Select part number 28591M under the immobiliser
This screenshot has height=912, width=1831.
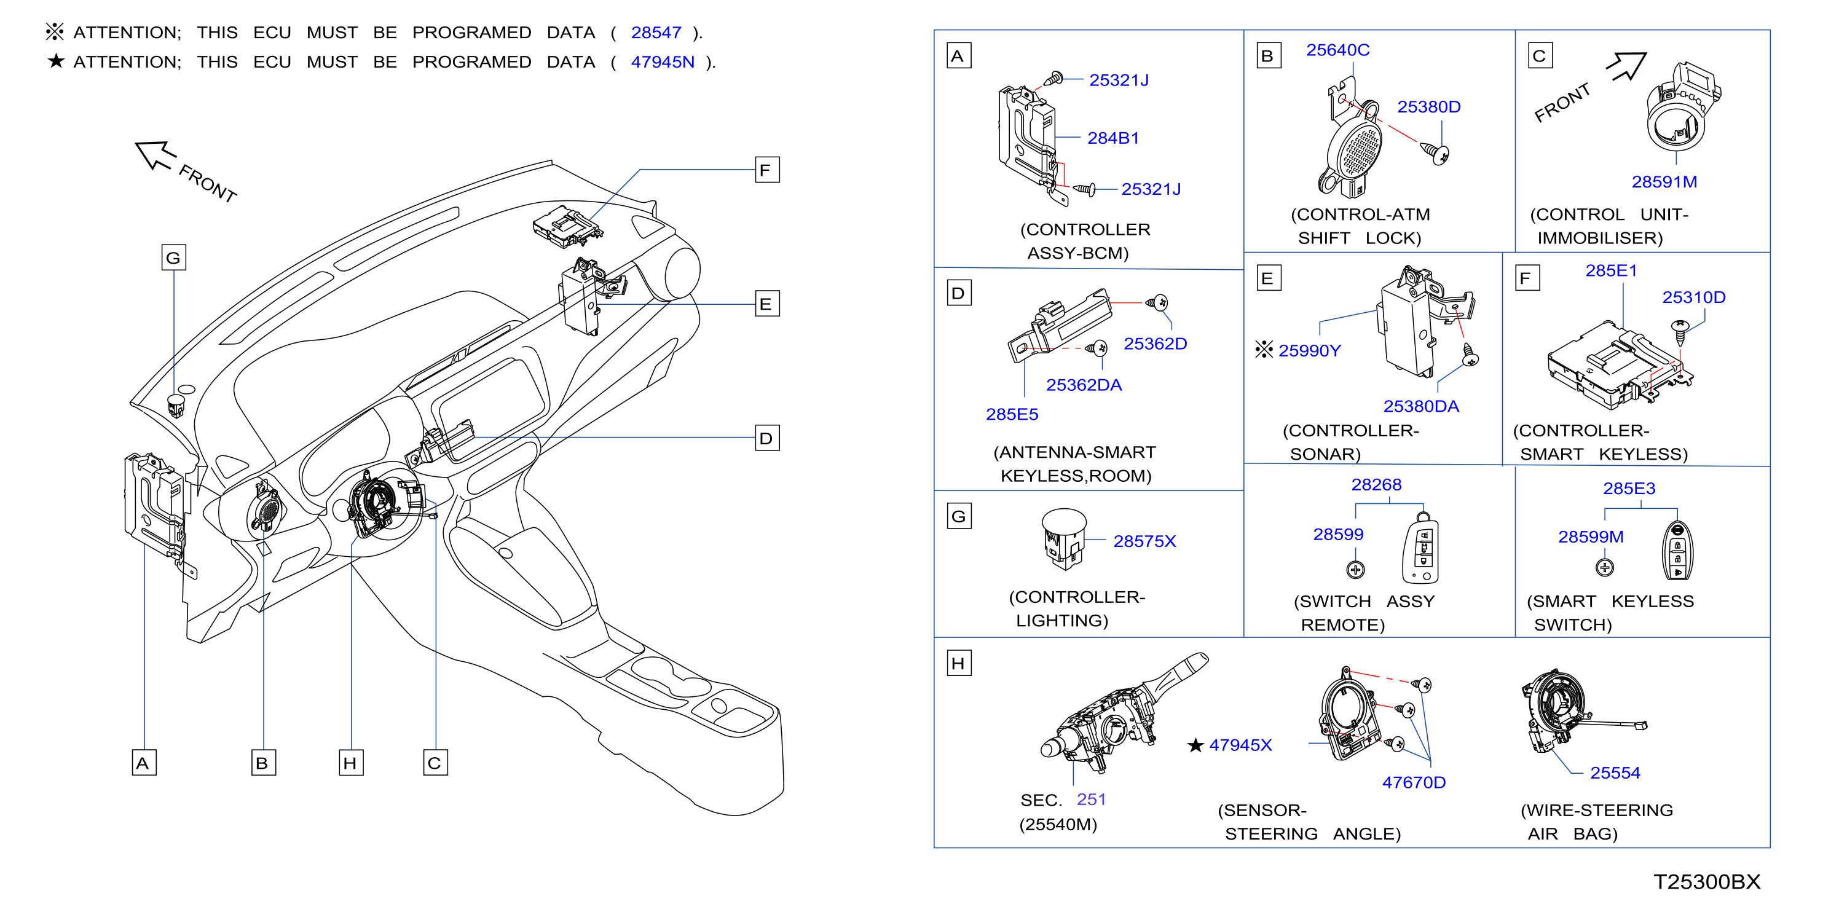[x=1664, y=182]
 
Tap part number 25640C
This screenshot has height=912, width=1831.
[x=1337, y=50]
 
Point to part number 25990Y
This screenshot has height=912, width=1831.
[x=1309, y=350]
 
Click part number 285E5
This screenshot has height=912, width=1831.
[x=1012, y=414]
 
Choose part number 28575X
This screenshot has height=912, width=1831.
[x=1144, y=541]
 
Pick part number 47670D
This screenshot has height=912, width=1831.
[x=1414, y=782]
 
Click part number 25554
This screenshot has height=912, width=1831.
[x=1615, y=772]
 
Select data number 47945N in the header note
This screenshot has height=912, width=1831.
[x=663, y=62]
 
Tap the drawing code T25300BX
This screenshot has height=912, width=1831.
[x=1707, y=882]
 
